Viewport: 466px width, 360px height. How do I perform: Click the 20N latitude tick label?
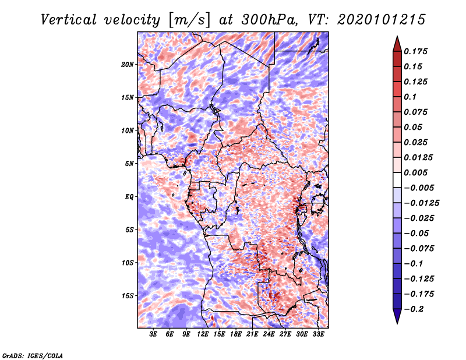(x=127, y=65)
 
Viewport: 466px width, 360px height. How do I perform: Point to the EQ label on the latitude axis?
(x=129, y=197)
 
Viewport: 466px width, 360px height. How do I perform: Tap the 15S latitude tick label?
(x=127, y=296)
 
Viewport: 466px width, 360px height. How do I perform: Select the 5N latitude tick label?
(x=129, y=164)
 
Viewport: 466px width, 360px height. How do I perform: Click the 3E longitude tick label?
(x=153, y=334)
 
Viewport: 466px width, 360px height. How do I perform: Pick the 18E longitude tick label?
(x=236, y=334)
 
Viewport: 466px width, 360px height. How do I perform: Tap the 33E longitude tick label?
(x=318, y=334)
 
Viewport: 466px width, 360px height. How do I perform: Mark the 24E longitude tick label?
(x=269, y=334)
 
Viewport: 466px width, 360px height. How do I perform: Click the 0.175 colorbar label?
(x=415, y=51)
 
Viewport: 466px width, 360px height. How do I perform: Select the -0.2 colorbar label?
(x=414, y=309)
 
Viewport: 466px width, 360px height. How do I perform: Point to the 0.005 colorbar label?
(x=415, y=172)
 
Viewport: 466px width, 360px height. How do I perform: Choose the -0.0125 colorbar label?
(x=421, y=203)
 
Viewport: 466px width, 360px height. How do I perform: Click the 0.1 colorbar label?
(x=410, y=97)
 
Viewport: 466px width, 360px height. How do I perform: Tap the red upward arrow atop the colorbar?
(x=397, y=44)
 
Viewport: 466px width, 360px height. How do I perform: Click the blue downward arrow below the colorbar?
(x=397, y=316)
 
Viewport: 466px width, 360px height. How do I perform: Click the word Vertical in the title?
(x=69, y=20)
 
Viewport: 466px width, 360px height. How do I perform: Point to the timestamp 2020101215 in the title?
(x=382, y=20)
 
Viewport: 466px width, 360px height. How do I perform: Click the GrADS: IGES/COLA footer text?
(x=33, y=355)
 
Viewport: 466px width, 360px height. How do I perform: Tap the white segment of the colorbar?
(x=397, y=180)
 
